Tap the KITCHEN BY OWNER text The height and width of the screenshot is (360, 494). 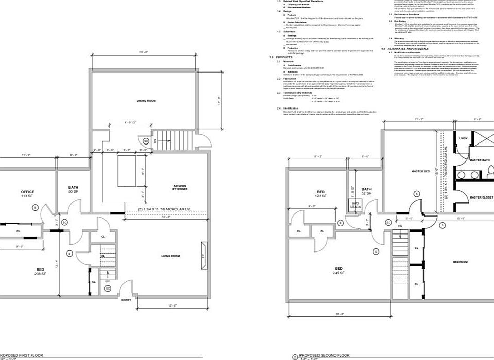coord(180,187)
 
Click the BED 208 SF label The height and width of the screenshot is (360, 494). coord(40,272)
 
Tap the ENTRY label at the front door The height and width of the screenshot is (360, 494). coord(126,300)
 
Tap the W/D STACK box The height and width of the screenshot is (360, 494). coord(356,205)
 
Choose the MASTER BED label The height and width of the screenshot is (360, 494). coord(420,171)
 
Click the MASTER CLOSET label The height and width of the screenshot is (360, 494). coord(481,197)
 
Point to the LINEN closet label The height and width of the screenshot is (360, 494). coord(463,138)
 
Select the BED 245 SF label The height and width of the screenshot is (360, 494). coord(339,271)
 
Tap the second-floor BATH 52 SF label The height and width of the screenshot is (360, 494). coord(366,191)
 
